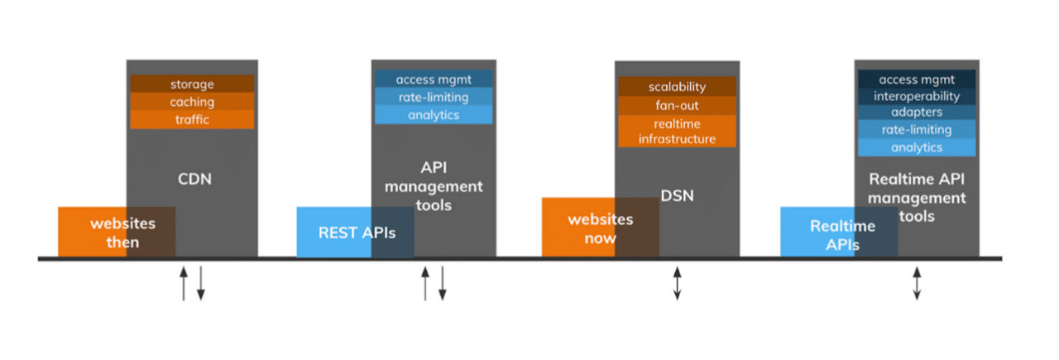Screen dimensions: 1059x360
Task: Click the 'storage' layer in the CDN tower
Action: pyautogui.click(x=192, y=84)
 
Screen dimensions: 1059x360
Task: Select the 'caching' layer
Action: pyautogui.click(x=192, y=102)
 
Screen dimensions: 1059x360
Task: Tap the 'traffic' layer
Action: pyautogui.click(x=192, y=120)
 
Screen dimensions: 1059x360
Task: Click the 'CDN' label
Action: pyautogui.click(x=194, y=179)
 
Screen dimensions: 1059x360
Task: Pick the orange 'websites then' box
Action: pyautogui.click(x=117, y=232)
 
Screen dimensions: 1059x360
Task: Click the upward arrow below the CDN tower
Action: pyautogui.click(x=184, y=283)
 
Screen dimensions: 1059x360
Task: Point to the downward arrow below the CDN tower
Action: pyautogui.click(x=201, y=283)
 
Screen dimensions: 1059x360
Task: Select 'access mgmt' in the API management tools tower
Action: pyautogui.click(x=434, y=79)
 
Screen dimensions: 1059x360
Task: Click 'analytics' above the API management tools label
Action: pyautogui.click(x=434, y=115)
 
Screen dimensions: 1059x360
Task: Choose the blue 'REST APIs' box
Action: pyautogui.click(x=356, y=232)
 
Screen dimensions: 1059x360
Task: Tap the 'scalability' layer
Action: pyautogui.click(x=677, y=87)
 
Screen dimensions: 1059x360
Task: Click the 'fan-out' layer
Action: pyautogui.click(x=677, y=105)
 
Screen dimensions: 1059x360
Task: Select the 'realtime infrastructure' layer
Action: pyautogui.click(x=677, y=131)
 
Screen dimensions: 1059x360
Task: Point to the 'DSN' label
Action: pyautogui.click(x=677, y=195)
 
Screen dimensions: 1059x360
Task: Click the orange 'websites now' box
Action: pyautogui.click(x=601, y=228)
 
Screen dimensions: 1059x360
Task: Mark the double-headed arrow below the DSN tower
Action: pyautogui.click(x=677, y=283)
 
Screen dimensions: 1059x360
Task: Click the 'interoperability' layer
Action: pyautogui.click(x=917, y=96)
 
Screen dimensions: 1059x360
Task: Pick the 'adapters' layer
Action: pyautogui.click(x=917, y=112)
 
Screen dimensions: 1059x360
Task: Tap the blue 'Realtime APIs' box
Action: pyautogui.click(x=839, y=232)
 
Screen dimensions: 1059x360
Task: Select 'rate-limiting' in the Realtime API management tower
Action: pyautogui.click(x=917, y=129)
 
